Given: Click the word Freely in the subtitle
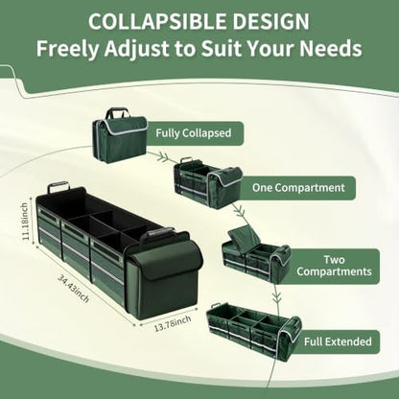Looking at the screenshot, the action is click(67, 49).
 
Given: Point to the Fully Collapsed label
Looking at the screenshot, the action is click(194, 133).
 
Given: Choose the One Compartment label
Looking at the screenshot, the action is click(298, 188).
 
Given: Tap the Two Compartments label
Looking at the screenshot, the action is click(334, 266).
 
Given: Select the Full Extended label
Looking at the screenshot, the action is click(338, 341).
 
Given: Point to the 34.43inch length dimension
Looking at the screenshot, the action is click(73, 289).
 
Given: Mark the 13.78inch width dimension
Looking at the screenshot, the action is click(173, 323).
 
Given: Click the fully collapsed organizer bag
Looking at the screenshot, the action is click(120, 135).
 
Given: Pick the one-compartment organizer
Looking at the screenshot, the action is click(208, 183).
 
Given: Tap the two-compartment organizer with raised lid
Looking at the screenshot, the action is click(256, 255).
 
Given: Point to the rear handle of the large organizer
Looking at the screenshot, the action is click(59, 186).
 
